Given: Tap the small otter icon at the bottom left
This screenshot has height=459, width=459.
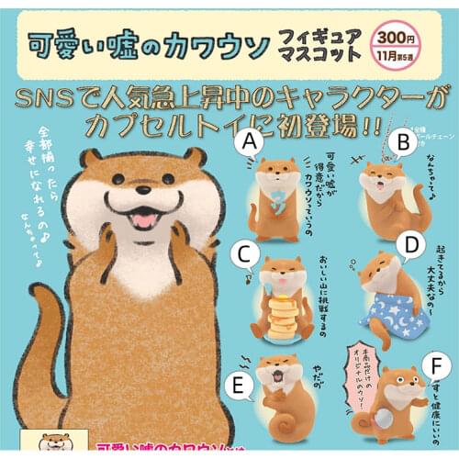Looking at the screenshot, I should (47, 445).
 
